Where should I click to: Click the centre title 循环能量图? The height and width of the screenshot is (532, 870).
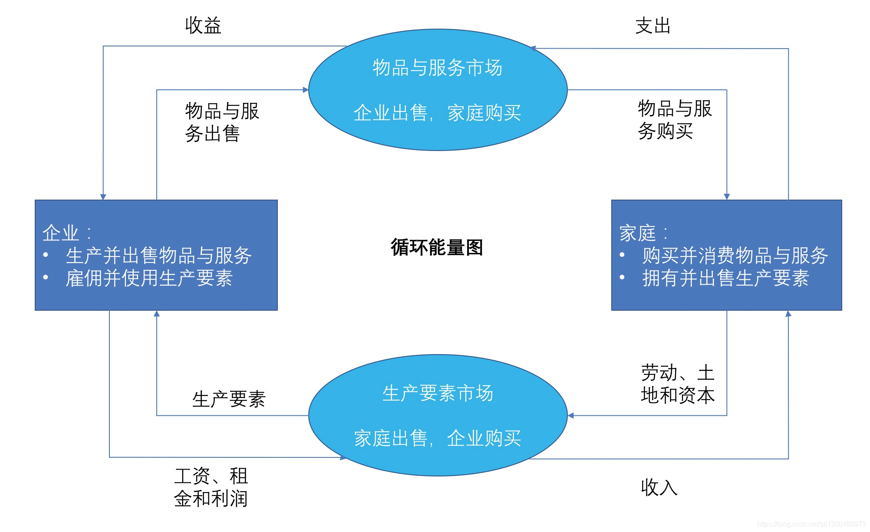(437, 247)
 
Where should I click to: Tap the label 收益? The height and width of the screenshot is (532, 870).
(203, 26)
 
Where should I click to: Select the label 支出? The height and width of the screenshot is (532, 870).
(653, 26)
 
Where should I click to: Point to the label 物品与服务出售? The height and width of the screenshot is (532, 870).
(221, 122)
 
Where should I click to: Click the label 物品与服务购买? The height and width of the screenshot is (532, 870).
(674, 120)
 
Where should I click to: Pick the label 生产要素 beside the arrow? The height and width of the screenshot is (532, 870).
(229, 399)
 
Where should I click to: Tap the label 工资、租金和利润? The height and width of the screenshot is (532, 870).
(211, 487)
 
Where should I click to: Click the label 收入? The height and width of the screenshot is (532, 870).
(659, 488)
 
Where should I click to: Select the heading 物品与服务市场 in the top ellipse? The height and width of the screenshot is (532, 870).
(438, 68)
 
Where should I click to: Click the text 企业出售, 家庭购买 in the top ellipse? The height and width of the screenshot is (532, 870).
(437, 113)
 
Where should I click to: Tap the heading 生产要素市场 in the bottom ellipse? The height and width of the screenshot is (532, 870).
(438, 394)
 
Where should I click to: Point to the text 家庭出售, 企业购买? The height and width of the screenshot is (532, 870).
(437, 439)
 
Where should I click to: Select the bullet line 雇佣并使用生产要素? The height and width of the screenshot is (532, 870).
(149, 278)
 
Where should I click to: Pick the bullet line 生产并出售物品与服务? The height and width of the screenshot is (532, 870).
(158, 256)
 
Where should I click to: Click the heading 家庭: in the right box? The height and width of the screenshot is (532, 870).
(643, 233)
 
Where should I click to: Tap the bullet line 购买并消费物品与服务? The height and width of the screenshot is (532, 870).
(735, 256)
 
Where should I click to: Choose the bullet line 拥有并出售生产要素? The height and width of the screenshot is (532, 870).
(725, 278)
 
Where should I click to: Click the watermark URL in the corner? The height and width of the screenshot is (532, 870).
(811, 524)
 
